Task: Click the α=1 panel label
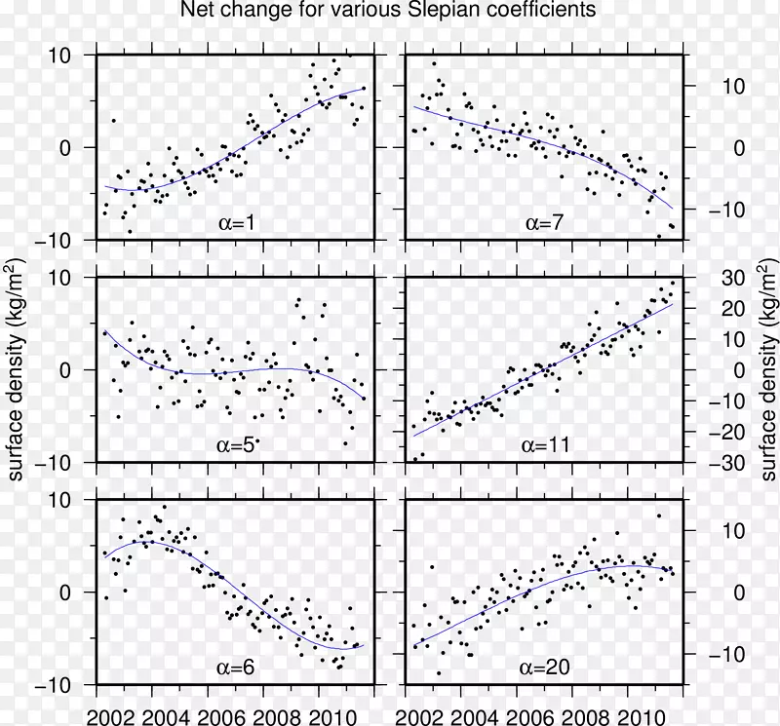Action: [x=238, y=223]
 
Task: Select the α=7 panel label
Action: [x=545, y=223]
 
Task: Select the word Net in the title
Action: [x=198, y=12]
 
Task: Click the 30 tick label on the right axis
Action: [x=732, y=278]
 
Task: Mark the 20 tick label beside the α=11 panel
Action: [x=732, y=309]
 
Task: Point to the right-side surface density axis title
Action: [x=766, y=369]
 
